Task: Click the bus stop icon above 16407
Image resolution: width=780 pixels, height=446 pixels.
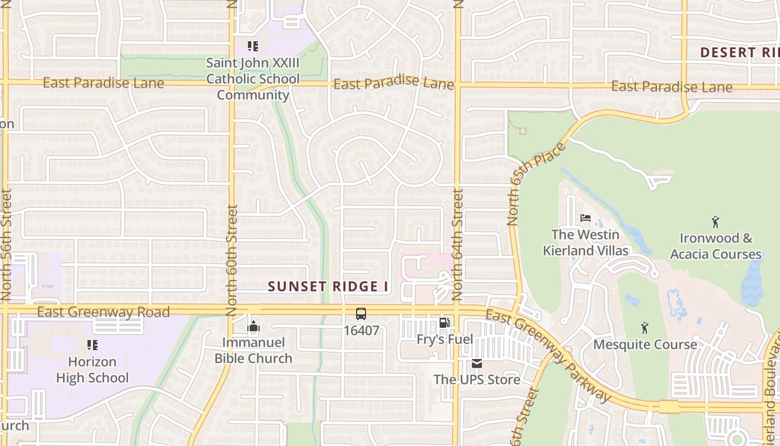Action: tap(361, 314)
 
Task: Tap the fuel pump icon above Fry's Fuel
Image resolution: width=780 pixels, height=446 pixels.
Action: tap(444, 323)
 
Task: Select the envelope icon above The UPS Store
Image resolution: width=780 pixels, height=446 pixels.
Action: tap(477, 363)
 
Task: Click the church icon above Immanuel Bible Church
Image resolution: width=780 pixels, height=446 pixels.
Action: tap(253, 326)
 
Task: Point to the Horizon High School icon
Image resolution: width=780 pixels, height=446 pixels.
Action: tap(92, 345)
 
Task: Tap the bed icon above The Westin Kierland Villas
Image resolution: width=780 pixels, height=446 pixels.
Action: tap(585, 218)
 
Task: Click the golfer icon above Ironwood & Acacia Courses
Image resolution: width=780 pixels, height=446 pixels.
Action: tap(715, 222)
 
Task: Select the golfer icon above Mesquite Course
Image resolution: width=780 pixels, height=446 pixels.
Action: tap(645, 328)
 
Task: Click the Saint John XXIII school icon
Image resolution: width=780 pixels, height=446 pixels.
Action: tap(253, 46)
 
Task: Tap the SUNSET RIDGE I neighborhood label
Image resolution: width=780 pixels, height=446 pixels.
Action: tap(328, 287)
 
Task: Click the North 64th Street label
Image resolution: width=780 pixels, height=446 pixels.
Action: tap(457, 245)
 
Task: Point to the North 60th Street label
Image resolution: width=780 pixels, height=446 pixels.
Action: tap(232, 260)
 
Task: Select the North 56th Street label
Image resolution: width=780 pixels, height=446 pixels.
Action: tap(6, 245)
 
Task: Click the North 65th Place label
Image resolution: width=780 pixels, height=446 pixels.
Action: tap(536, 184)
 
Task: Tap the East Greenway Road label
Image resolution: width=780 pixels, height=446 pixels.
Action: tap(103, 312)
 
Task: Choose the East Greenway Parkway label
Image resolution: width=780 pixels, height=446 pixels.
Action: tap(548, 356)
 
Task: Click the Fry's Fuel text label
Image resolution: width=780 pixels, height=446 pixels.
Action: tap(445, 339)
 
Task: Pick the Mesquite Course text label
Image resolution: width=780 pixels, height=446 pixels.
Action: tap(645, 345)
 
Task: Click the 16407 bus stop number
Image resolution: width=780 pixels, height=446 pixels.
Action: tap(361, 331)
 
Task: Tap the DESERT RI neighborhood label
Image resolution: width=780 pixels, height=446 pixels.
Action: tap(739, 53)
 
